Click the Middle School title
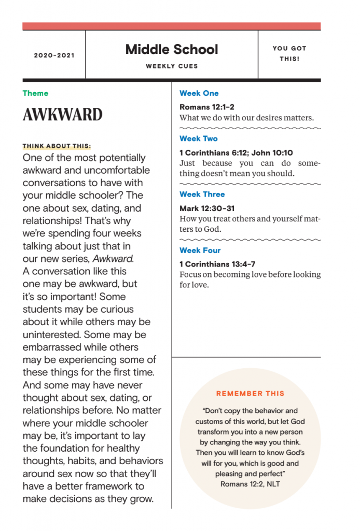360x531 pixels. click(x=172, y=50)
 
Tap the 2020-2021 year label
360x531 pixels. click(x=54, y=55)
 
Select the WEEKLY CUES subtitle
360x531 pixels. click(x=172, y=66)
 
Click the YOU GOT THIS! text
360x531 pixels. click(x=289, y=53)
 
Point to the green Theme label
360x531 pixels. click(x=35, y=93)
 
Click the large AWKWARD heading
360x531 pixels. click(x=62, y=115)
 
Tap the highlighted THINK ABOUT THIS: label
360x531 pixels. click(x=57, y=146)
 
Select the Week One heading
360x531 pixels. click(x=199, y=93)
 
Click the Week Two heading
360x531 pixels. click(x=199, y=138)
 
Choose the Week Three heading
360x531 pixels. click(x=202, y=194)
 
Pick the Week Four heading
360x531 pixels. click(x=200, y=250)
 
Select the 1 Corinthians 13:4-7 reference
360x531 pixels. click(x=217, y=264)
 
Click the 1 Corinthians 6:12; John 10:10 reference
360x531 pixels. click(x=236, y=152)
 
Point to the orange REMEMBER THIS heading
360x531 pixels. click(x=250, y=394)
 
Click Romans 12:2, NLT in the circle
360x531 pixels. click(x=250, y=484)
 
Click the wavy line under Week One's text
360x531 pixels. click(x=250, y=128)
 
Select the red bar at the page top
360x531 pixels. click(x=172, y=26)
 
